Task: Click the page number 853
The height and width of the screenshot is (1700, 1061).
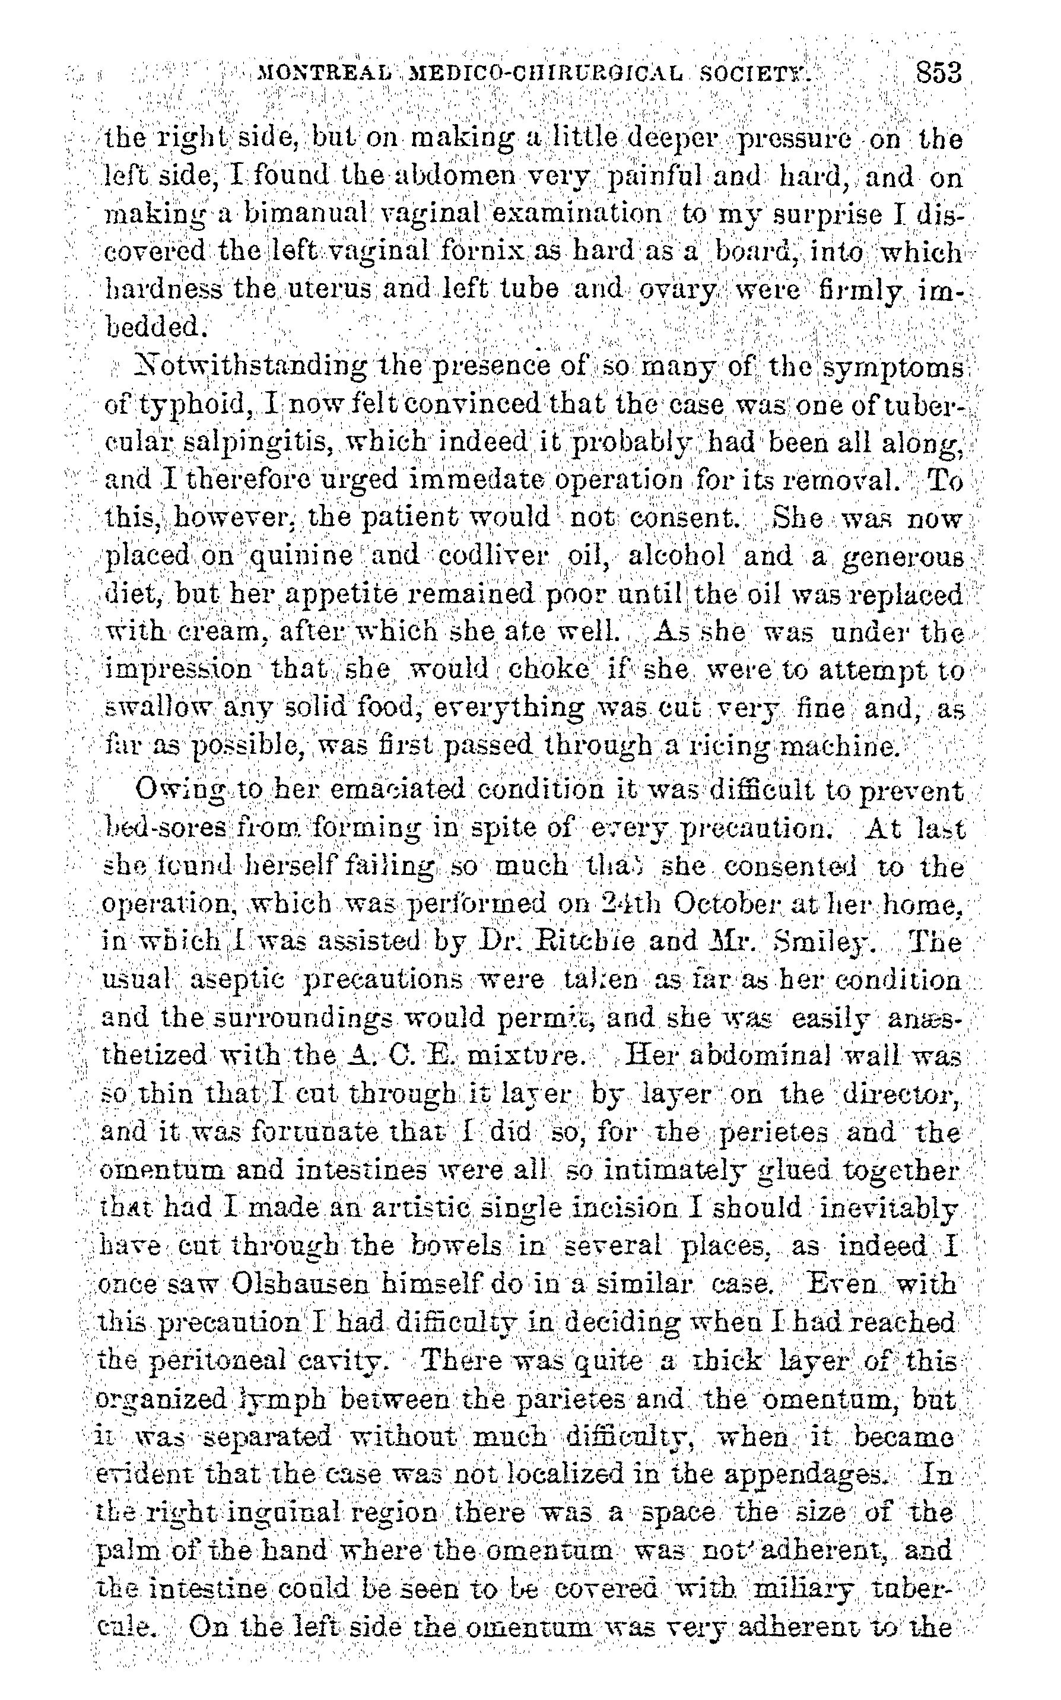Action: (x=937, y=72)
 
